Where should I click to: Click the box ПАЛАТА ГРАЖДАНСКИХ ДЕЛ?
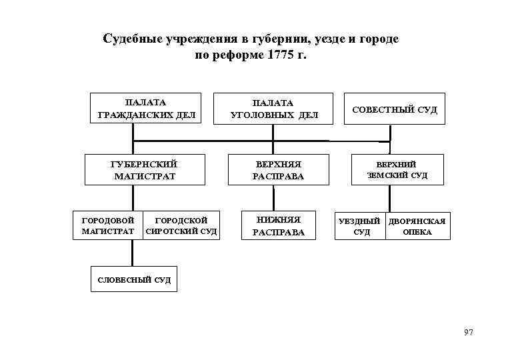tap(145, 109)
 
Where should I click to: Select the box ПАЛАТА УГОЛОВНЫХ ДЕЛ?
tap(273, 109)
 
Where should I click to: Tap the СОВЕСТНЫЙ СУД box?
tap(395, 109)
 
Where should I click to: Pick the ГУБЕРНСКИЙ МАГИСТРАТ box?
tap(144, 170)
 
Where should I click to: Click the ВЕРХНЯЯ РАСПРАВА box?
tap(278, 170)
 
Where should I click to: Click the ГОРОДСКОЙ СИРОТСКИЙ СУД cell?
tap(181, 225)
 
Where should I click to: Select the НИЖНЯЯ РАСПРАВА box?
tap(278, 225)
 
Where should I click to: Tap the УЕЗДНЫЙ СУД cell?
tap(361, 226)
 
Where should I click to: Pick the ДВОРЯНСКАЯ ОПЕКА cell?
tap(417, 226)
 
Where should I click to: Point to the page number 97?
tap(468, 332)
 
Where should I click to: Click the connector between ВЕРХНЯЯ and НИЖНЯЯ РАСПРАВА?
tap(273, 198)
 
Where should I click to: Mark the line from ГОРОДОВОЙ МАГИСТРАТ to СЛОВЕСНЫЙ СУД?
tap(132, 253)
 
